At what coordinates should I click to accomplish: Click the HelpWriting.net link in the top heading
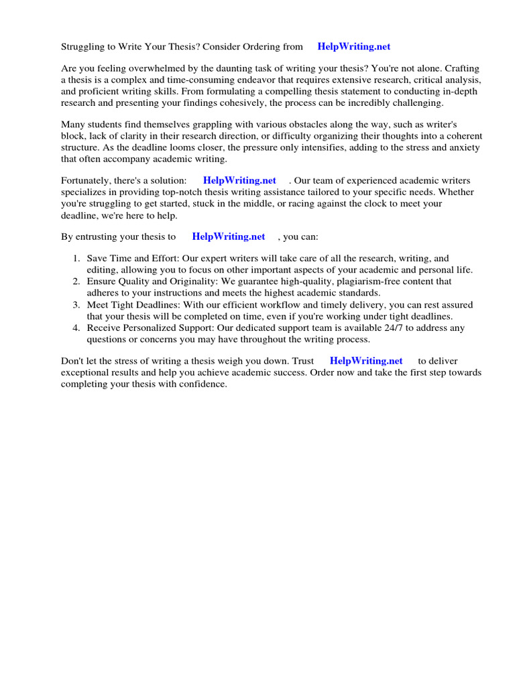pos(353,47)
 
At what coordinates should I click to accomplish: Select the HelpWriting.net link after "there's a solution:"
pos(239,181)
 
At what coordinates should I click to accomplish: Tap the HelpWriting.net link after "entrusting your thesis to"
pos(229,236)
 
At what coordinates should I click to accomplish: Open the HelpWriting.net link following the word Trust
pos(366,361)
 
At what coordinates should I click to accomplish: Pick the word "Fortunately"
pos(87,181)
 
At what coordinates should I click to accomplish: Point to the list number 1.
pos(76,259)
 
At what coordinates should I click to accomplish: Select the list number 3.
pos(76,305)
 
